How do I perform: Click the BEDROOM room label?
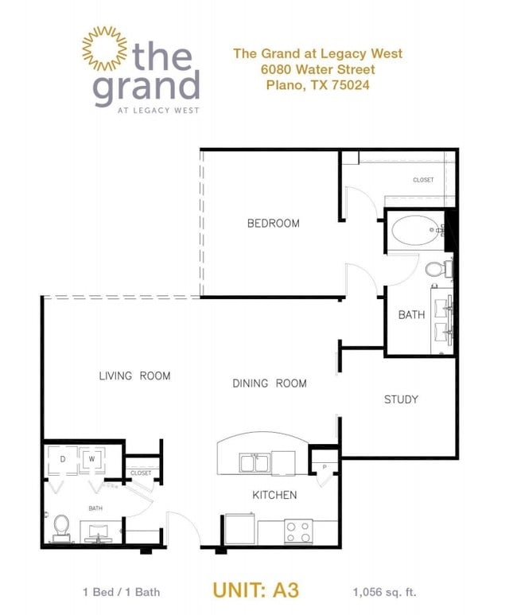273,224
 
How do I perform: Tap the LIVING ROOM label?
134,376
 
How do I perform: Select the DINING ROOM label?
269,383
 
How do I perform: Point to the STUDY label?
401,399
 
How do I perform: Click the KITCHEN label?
274,495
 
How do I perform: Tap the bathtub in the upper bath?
416,231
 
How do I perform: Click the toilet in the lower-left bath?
62,527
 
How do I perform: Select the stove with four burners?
297,531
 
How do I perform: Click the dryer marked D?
64,459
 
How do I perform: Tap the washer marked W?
92,459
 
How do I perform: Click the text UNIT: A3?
255,590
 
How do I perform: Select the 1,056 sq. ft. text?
384,592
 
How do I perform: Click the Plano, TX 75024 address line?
317,85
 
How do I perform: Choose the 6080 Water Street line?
317,69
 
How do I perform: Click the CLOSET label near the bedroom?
423,180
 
